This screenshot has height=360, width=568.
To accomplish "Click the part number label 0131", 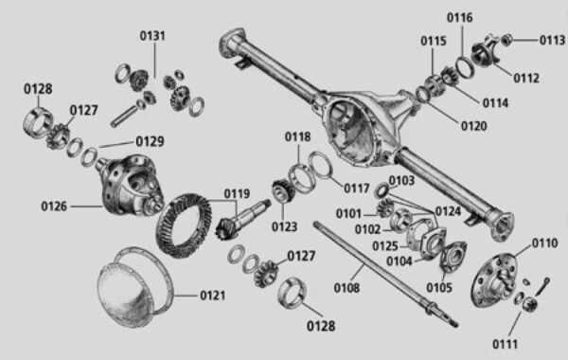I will [152, 36].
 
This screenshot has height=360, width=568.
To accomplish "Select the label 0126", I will [56, 205].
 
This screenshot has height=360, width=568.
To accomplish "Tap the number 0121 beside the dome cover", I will [213, 296].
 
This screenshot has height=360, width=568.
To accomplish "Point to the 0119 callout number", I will [238, 194].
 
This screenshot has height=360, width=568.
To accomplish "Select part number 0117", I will [357, 188].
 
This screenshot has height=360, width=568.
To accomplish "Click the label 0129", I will [149, 141].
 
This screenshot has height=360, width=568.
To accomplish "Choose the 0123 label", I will [283, 226].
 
